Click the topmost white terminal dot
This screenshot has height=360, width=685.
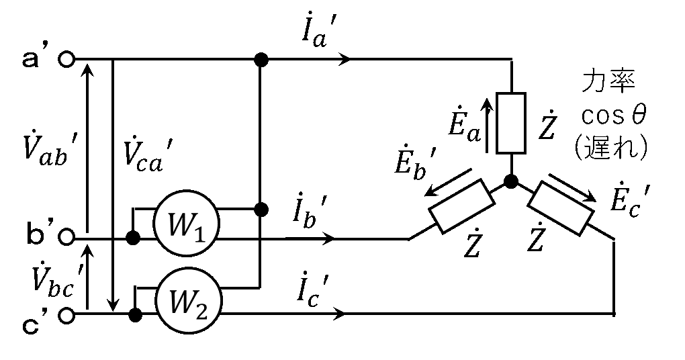click(66, 59)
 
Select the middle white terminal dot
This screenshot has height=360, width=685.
click(66, 236)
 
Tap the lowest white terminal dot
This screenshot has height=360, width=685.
click(66, 315)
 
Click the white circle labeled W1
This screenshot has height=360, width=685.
click(186, 224)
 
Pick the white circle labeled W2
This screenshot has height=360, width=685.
click(189, 301)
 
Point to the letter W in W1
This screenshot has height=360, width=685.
click(180, 225)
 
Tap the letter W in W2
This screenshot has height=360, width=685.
click(182, 302)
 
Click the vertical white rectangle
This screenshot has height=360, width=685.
click(511, 123)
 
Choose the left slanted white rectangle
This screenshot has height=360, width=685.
click(461, 206)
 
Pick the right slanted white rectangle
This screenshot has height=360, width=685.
click(561, 208)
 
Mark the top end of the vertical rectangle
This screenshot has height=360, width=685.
click(511, 97)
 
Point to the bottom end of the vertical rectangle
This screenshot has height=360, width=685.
click(511, 150)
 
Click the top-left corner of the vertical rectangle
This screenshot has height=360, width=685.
click(499, 95)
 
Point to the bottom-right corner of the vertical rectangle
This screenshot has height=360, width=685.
click(523, 151)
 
